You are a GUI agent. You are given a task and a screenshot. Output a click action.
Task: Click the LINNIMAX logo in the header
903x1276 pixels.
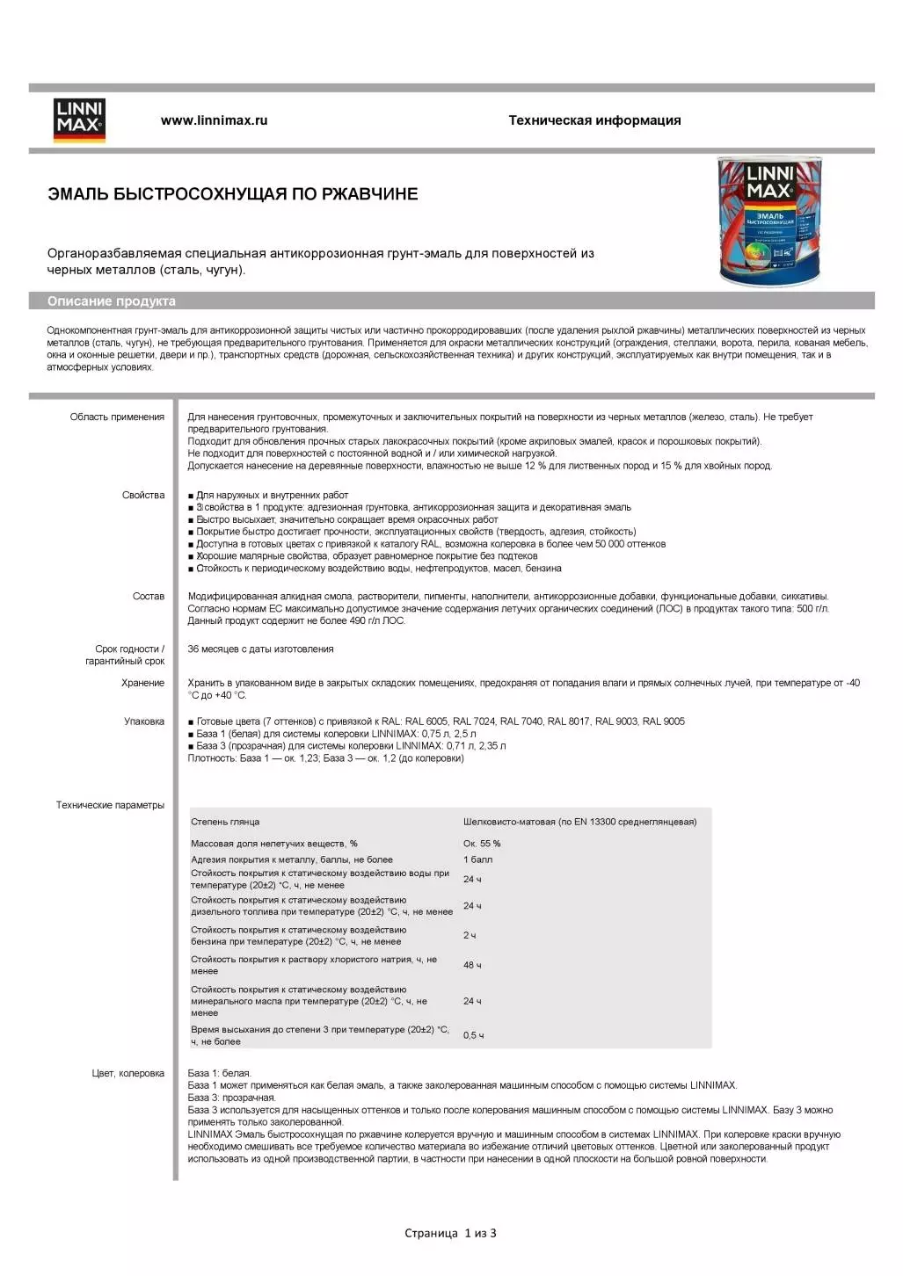[x=79, y=120]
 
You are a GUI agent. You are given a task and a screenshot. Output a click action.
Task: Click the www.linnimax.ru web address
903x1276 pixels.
[x=214, y=120]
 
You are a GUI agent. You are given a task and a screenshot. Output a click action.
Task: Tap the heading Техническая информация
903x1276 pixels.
[x=594, y=120]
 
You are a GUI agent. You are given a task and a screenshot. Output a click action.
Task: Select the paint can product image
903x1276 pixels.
[x=769, y=221]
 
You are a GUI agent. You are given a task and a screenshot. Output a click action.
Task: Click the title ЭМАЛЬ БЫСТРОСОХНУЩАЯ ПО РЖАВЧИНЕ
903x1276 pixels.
[x=232, y=194]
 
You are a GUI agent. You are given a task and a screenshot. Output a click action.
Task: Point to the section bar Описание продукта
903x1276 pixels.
[x=112, y=301]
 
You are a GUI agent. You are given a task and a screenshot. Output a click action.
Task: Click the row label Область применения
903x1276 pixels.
[x=117, y=417]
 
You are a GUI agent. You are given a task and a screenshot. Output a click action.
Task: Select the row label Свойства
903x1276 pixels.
[x=143, y=496]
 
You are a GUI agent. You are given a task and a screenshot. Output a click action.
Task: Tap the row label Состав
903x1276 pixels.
[x=149, y=597]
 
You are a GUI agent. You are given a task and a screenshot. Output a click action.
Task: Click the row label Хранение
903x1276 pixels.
[x=142, y=683]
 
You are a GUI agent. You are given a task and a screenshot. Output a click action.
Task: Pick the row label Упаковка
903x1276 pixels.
[x=144, y=721]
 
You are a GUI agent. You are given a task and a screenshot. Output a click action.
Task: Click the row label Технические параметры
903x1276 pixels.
[x=110, y=805]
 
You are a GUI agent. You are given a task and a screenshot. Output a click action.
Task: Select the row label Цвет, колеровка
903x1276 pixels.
[x=128, y=1073]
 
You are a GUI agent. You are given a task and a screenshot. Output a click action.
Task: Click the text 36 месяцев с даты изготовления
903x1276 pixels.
[x=260, y=649]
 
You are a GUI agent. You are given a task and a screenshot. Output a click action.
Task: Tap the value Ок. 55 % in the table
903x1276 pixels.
[x=482, y=844]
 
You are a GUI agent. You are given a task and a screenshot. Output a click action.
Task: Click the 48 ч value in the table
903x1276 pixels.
[x=472, y=965]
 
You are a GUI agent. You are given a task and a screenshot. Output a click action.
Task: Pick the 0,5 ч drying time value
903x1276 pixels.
[x=473, y=1035]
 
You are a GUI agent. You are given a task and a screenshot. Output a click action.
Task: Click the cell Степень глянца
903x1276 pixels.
[x=225, y=823]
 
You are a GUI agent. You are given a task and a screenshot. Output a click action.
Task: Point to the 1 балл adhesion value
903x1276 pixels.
[x=477, y=859]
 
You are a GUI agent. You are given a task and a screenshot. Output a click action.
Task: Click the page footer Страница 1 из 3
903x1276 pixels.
[x=450, y=1233]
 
